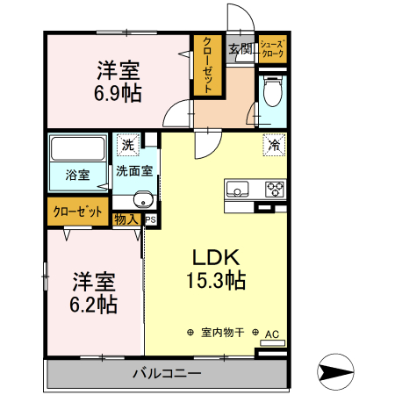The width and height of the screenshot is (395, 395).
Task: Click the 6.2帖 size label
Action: [x=94, y=305]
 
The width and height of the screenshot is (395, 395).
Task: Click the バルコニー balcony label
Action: [x=167, y=374]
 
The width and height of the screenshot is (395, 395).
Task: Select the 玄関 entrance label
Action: [x=240, y=48]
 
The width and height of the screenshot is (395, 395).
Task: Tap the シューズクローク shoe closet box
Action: [x=271, y=49]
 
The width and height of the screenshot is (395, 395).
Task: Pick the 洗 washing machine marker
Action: [x=128, y=145]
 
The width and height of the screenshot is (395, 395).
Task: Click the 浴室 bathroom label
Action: [x=77, y=174]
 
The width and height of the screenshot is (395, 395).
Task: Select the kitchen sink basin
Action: [x=239, y=188]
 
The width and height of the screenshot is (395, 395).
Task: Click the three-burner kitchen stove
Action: [x=275, y=188]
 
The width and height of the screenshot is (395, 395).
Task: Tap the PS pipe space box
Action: [x=151, y=219]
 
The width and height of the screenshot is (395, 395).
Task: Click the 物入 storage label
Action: [x=126, y=219]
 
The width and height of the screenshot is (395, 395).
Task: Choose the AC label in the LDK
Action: [x=271, y=334]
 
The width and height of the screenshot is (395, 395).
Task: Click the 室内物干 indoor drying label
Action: [x=223, y=334]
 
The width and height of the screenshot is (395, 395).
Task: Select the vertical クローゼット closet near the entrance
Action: [x=206, y=66]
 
